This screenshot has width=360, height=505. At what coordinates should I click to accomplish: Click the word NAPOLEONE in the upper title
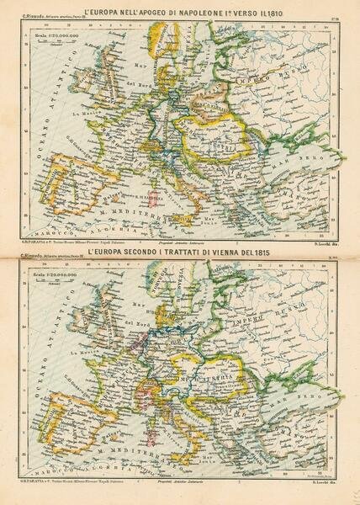pos(188,13)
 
